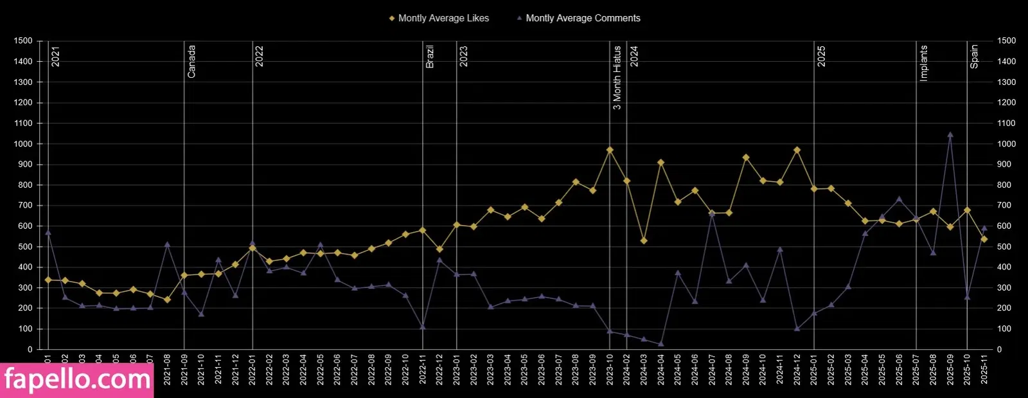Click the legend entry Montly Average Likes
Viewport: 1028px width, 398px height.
pyautogui.click(x=443, y=18)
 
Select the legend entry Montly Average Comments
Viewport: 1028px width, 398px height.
pyautogui.click(x=582, y=18)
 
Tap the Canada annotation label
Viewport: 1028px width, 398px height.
pyautogui.click(x=191, y=62)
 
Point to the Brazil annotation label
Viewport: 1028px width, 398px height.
pyautogui.click(x=430, y=57)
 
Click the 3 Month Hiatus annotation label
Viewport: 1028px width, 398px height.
pyautogui.click(x=617, y=78)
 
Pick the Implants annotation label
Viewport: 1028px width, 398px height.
pyautogui.click(x=924, y=63)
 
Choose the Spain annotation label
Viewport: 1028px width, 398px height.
pyautogui.click(x=974, y=57)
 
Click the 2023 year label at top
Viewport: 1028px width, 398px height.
pyautogui.click(x=464, y=57)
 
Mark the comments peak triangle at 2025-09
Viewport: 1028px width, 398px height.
pyautogui.click(x=950, y=135)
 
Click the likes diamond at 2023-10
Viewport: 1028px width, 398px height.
pyautogui.click(x=610, y=150)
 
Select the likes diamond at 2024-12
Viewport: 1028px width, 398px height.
pyautogui.click(x=797, y=150)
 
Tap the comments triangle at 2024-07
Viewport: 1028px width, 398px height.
pyautogui.click(x=712, y=213)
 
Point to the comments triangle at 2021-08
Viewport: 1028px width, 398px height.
pyautogui.click(x=167, y=244)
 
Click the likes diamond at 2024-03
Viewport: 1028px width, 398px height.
pyautogui.click(x=644, y=240)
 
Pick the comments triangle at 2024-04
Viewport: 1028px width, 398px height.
pyautogui.click(x=660, y=344)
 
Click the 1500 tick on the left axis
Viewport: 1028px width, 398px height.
pyautogui.click(x=22, y=41)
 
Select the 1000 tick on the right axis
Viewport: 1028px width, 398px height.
pyautogui.click(x=1006, y=144)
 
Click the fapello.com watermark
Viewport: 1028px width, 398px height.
pyautogui.click(x=77, y=380)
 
